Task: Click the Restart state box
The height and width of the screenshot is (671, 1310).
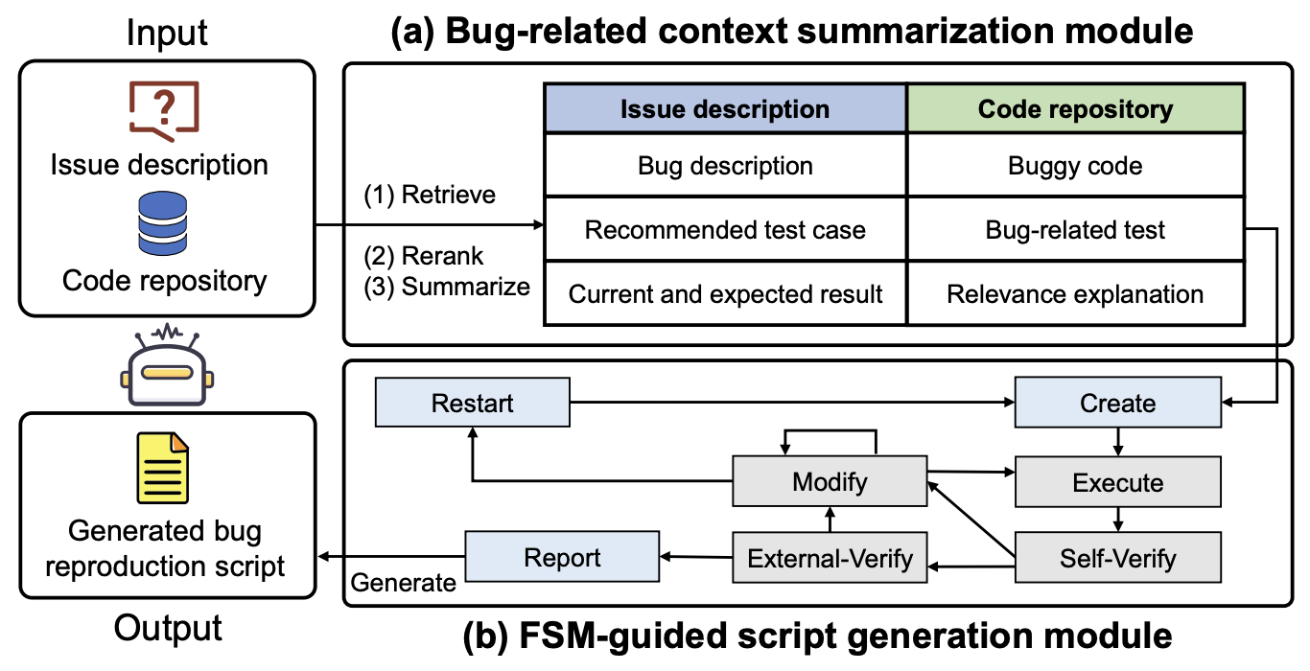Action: [472, 403]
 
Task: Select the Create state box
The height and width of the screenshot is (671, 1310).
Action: [1117, 403]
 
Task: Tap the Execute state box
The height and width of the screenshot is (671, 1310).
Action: [1117, 482]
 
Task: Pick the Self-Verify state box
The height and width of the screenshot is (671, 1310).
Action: [1117, 558]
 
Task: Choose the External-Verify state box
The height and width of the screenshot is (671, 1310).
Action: [830, 558]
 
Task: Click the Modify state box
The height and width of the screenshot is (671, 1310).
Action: [830, 482]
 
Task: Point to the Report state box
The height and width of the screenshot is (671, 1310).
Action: [563, 558]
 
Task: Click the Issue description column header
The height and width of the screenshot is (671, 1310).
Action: [725, 108]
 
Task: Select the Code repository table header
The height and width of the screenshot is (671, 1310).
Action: [1075, 108]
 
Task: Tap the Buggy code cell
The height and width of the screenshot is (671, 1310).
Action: [1075, 166]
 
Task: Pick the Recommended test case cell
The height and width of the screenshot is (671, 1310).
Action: [725, 230]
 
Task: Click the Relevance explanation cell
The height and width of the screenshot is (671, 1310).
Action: [1075, 293]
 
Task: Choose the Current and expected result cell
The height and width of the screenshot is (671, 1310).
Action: [725, 293]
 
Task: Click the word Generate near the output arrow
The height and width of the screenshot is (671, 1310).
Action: [404, 582]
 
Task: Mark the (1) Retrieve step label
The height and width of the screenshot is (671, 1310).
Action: [429, 196]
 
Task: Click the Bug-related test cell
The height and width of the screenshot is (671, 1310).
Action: [1075, 230]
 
